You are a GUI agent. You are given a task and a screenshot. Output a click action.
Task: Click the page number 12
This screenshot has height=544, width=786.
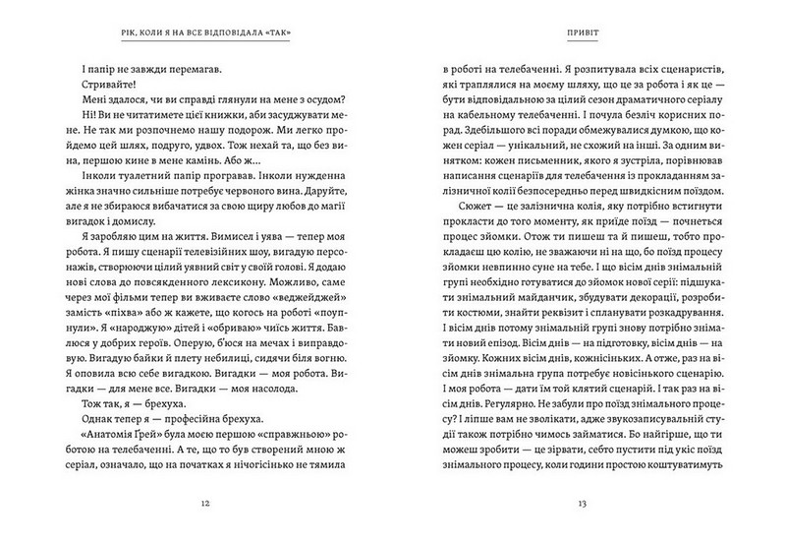[203, 503]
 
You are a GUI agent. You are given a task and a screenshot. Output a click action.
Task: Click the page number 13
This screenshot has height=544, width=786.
[582, 503]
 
